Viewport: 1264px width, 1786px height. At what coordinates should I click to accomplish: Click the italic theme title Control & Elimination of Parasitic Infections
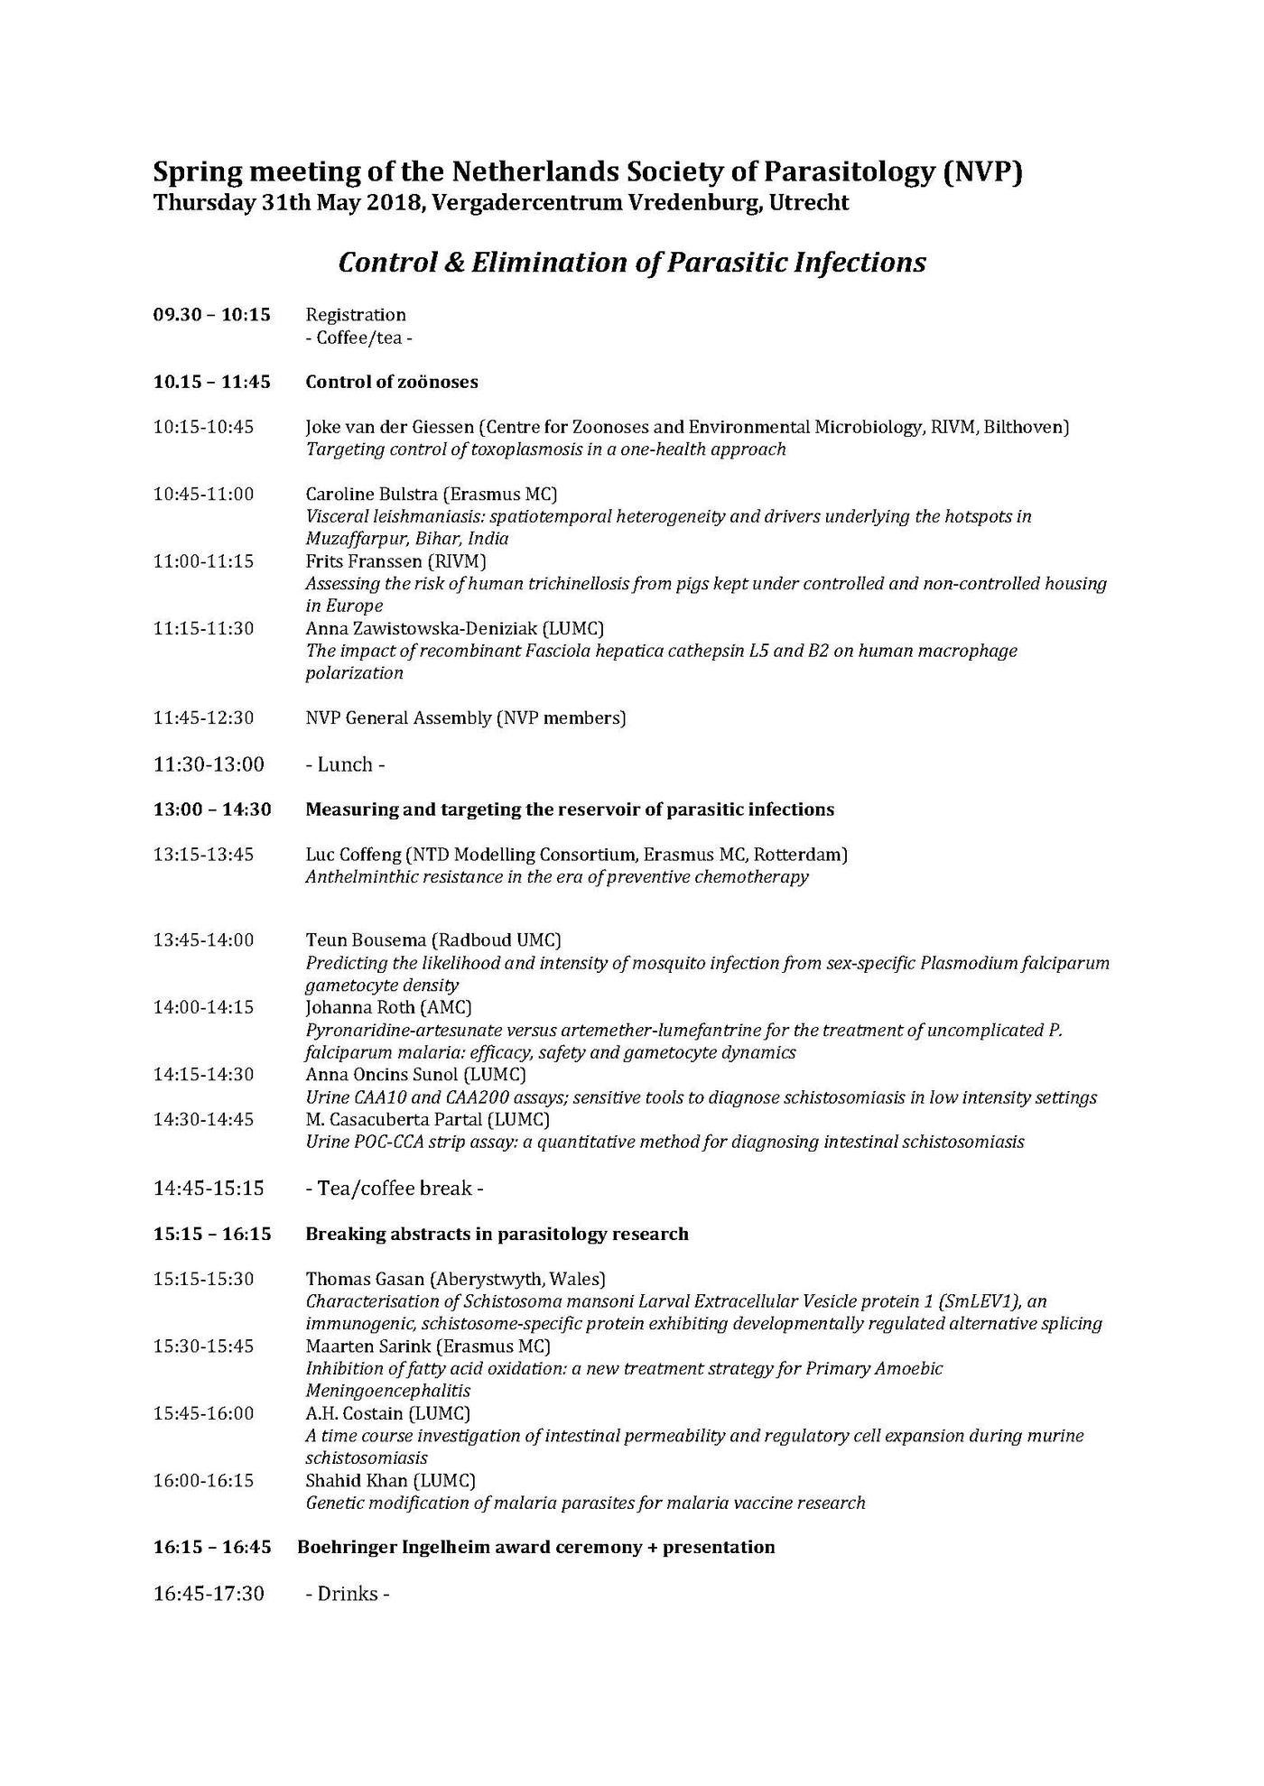coord(631,263)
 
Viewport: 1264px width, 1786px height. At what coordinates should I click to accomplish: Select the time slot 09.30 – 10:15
coord(211,315)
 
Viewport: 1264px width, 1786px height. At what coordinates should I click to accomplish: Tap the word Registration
coord(356,315)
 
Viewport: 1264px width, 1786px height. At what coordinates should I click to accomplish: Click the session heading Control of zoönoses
coord(391,382)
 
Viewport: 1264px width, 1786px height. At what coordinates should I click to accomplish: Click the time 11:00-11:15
coord(203,561)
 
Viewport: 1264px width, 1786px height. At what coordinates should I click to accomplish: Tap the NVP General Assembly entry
coord(465,718)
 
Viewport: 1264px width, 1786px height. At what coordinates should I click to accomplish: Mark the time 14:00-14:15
coord(203,1008)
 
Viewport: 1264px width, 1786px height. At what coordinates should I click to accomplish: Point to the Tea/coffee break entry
coord(394,1189)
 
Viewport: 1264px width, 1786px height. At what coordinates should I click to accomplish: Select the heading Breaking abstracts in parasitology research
coord(497,1234)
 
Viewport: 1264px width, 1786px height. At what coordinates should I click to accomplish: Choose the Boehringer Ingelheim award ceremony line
coord(535,1548)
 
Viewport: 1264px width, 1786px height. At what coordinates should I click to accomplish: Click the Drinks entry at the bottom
coord(348,1595)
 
